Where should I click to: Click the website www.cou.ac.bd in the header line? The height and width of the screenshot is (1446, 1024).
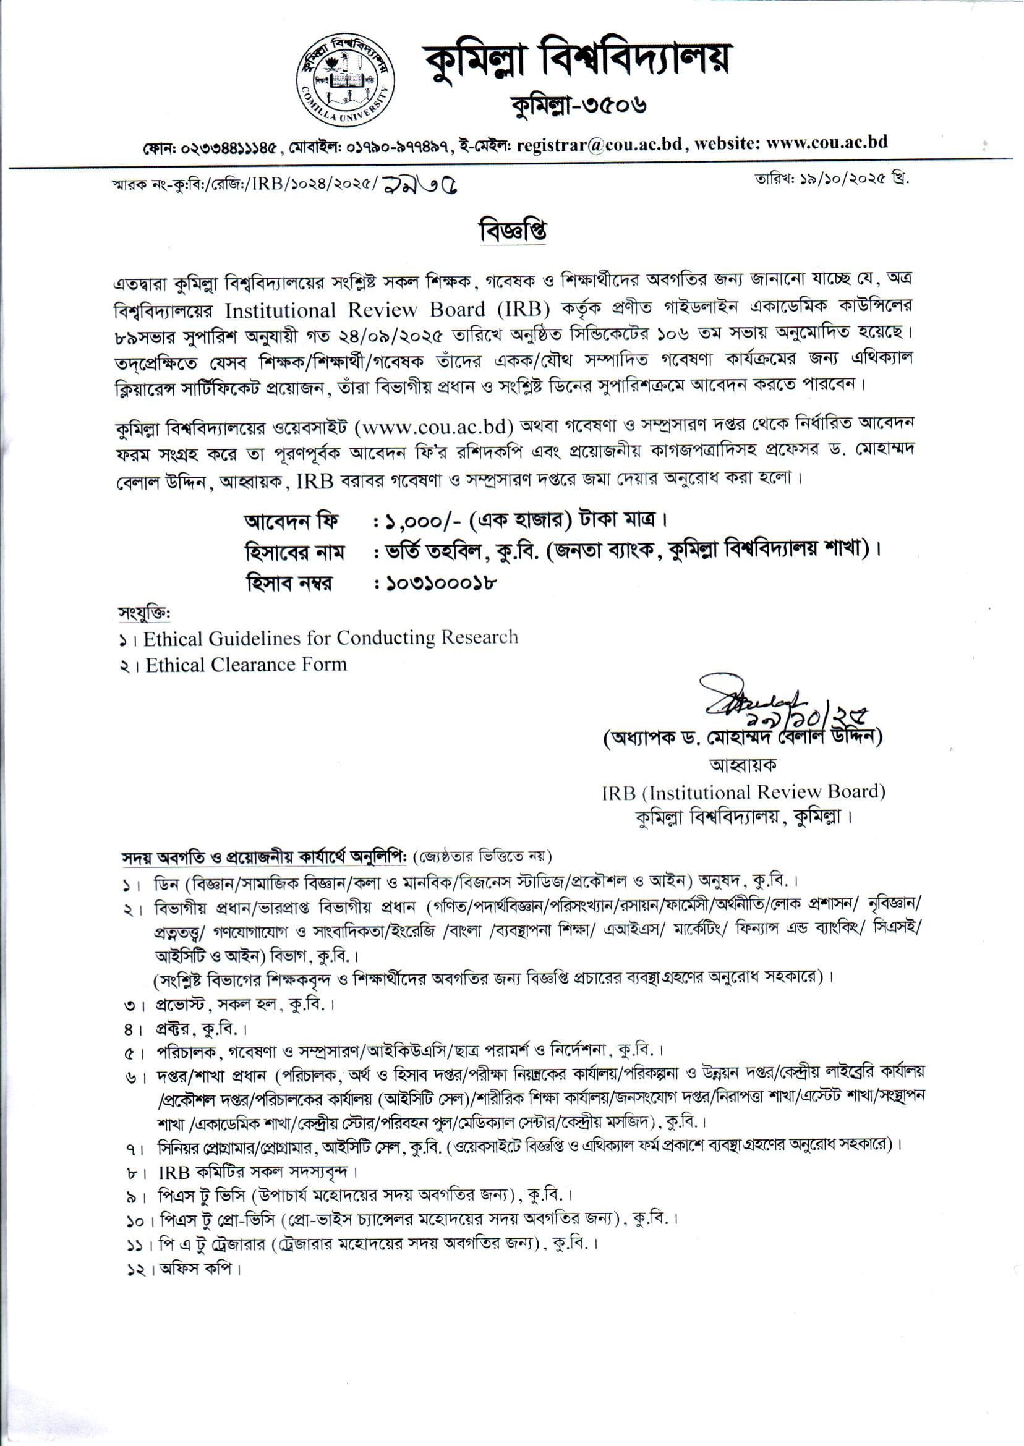[827, 142]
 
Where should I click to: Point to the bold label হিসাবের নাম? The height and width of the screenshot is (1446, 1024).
[294, 553]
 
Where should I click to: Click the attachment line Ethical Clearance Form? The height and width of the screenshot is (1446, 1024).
[246, 665]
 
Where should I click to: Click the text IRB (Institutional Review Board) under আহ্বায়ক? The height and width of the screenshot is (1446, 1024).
[743, 792]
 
